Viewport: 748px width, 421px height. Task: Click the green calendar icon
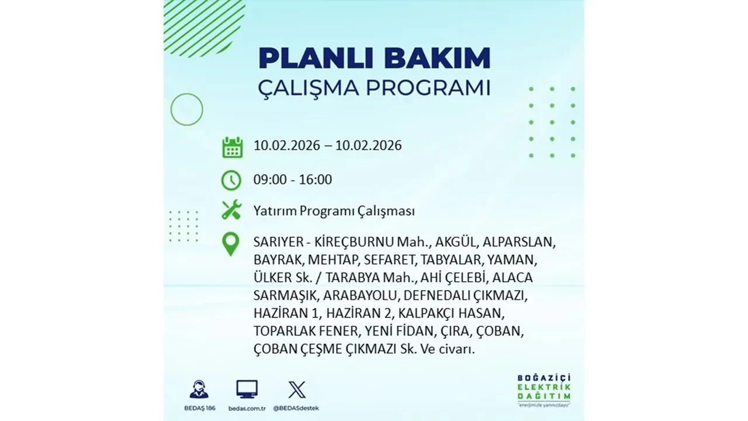(232, 147)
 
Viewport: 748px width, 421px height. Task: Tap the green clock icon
(232, 180)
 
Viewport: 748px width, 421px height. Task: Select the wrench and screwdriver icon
(232, 210)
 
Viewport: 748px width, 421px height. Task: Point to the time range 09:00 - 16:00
(293, 180)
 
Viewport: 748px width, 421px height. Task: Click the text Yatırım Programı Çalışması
(334, 210)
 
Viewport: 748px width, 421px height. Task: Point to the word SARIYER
(278, 241)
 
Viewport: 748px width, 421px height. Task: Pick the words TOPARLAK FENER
(306, 331)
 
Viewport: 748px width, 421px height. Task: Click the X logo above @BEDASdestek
(297, 389)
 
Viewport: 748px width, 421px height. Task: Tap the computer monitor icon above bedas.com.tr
(247, 389)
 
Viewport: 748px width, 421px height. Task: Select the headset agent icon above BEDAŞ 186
(199, 389)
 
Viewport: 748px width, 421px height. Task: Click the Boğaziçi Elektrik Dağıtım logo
(544, 388)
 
